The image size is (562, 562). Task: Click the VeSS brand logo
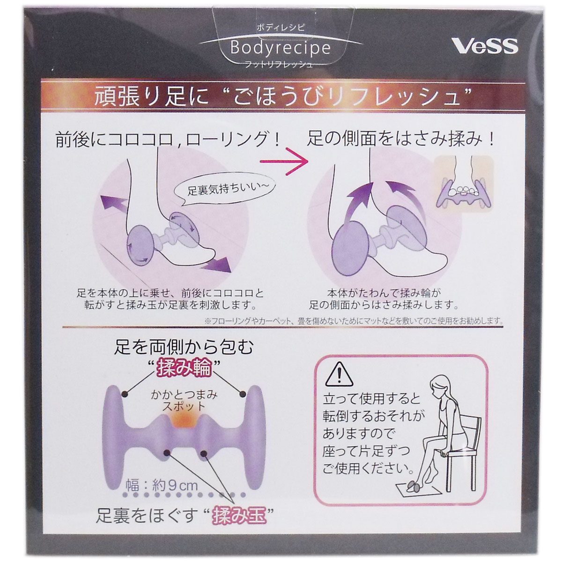point(485,46)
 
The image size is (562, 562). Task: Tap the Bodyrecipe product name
point(280,48)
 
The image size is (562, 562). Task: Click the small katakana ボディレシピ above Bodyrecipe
point(281,28)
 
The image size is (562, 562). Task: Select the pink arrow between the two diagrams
point(284,161)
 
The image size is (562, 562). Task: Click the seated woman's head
point(437,385)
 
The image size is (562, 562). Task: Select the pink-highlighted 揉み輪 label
point(184,369)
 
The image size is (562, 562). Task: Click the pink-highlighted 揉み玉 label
point(239,516)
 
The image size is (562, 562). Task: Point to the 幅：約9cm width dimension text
point(162,486)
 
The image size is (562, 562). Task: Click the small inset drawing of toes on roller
point(464,183)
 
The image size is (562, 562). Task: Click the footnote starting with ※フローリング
point(354,321)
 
